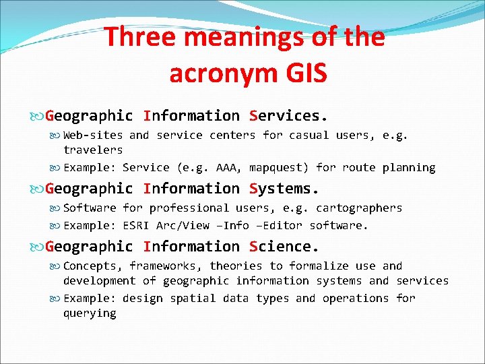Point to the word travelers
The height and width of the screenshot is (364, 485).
click(x=93, y=150)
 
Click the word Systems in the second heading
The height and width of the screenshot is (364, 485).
click(x=282, y=189)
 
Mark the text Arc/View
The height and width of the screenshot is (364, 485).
click(x=183, y=225)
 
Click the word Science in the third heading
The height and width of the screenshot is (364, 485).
click(x=282, y=247)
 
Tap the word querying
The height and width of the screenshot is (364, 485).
click(x=90, y=313)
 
